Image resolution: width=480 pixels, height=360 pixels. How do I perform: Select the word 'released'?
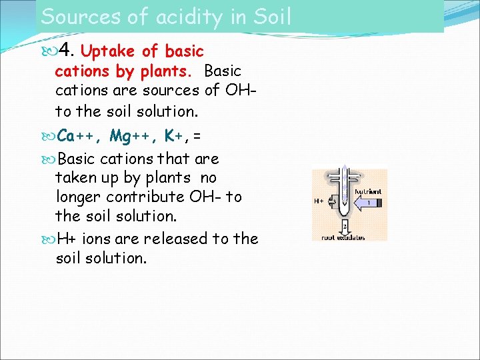pos(174,239)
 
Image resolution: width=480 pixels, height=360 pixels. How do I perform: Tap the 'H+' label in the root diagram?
pos(319,201)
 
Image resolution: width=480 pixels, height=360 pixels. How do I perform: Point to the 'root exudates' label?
pos(343,237)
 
